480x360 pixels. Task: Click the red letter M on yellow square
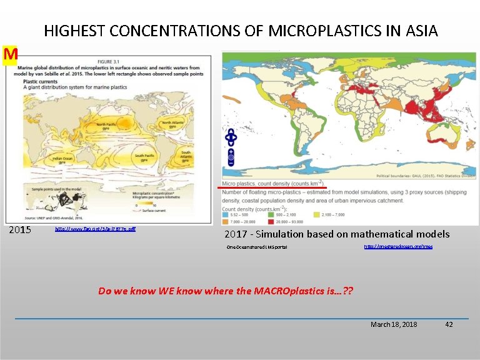[10, 55]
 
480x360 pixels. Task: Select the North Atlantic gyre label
[174, 124]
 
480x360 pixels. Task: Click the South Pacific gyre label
[144, 158]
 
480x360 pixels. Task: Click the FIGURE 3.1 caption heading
[109, 62]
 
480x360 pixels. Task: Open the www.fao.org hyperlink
[95, 229]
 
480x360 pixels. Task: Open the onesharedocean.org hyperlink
[397, 247]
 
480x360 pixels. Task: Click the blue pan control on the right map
[231, 137]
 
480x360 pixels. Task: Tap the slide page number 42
[448, 324]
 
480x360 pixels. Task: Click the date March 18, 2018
[394, 324]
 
